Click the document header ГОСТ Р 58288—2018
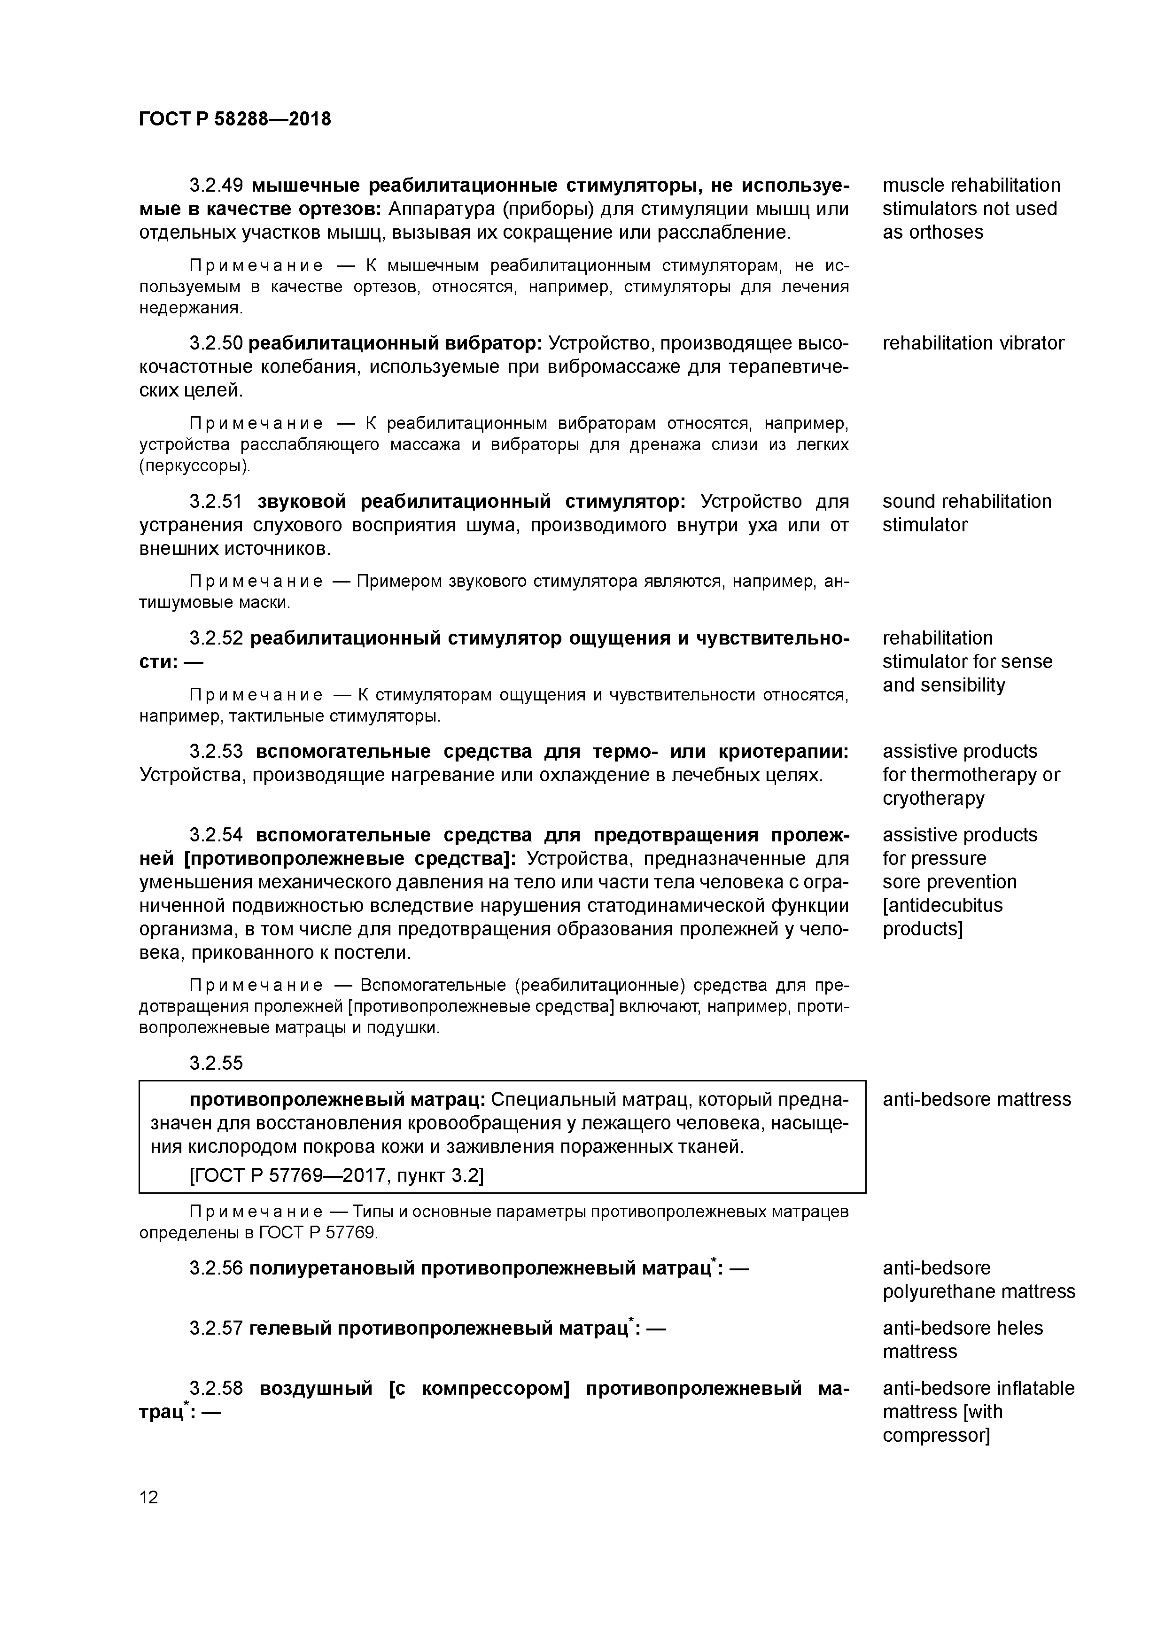(235, 119)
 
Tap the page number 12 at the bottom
(148, 1497)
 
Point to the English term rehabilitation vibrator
(972, 343)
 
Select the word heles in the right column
(1014, 1328)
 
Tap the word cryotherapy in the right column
(933, 798)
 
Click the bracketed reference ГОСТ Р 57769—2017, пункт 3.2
(336, 1176)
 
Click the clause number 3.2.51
(217, 501)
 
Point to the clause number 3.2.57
(217, 1329)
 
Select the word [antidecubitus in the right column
(942, 905)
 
